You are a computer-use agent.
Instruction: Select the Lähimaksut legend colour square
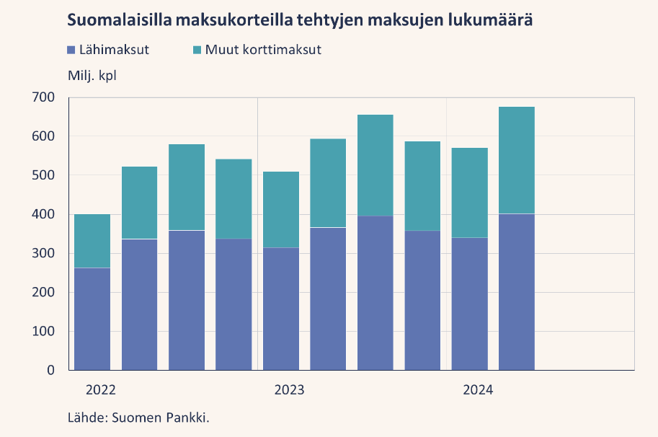point(71,50)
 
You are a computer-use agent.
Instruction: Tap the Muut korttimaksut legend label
point(263,50)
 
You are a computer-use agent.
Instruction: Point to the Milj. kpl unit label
point(92,76)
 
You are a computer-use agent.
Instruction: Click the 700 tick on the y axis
point(43,97)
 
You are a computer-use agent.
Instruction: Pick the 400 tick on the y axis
point(43,214)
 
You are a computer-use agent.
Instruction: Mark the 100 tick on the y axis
point(43,331)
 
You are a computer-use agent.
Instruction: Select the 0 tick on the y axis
point(50,370)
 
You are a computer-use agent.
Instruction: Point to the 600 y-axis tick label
point(43,136)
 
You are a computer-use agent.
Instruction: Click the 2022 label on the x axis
point(100,390)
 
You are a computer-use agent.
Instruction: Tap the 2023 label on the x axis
point(289,390)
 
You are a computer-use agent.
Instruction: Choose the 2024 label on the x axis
point(478,390)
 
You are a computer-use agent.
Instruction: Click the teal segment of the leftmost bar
point(92,241)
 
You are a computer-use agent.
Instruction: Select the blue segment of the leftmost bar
point(92,319)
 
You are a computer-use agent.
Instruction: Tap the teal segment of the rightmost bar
point(517,160)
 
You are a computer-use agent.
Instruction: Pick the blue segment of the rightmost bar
point(517,292)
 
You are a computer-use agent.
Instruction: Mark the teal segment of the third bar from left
point(187,187)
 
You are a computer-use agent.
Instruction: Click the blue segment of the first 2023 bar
point(281,309)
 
